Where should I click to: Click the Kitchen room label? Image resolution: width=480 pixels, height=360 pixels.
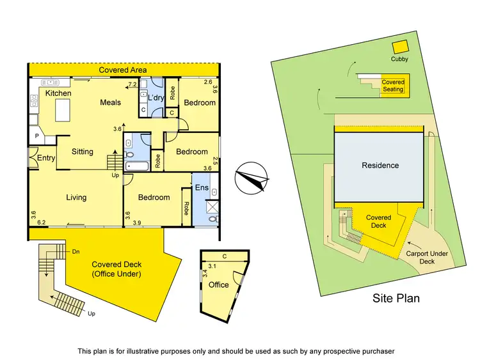pyautogui.click(x=58, y=93)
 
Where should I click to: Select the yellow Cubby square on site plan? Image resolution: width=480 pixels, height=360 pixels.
pyautogui.click(x=400, y=47)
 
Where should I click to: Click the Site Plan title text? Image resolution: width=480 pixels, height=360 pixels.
pyautogui.click(x=396, y=298)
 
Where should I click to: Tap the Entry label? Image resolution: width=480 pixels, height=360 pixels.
pyautogui.click(x=46, y=158)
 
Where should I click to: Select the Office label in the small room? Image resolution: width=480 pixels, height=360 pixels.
pyautogui.click(x=218, y=285)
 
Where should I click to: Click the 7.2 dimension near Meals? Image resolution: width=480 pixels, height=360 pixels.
pyautogui.click(x=132, y=84)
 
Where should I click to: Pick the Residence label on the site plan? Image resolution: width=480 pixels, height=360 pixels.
pyautogui.click(x=380, y=166)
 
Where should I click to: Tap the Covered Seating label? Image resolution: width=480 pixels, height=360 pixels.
pyautogui.click(x=393, y=86)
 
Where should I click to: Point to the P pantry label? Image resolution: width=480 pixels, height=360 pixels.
pyautogui.click(x=36, y=136)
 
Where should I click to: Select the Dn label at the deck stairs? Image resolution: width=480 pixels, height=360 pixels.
pyautogui.click(x=76, y=251)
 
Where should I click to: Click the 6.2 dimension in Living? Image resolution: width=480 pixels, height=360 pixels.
pyautogui.click(x=42, y=223)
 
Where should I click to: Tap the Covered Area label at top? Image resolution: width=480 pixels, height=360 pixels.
pyautogui.click(x=124, y=70)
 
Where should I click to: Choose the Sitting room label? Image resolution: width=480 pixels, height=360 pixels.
pyautogui.click(x=83, y=152)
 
